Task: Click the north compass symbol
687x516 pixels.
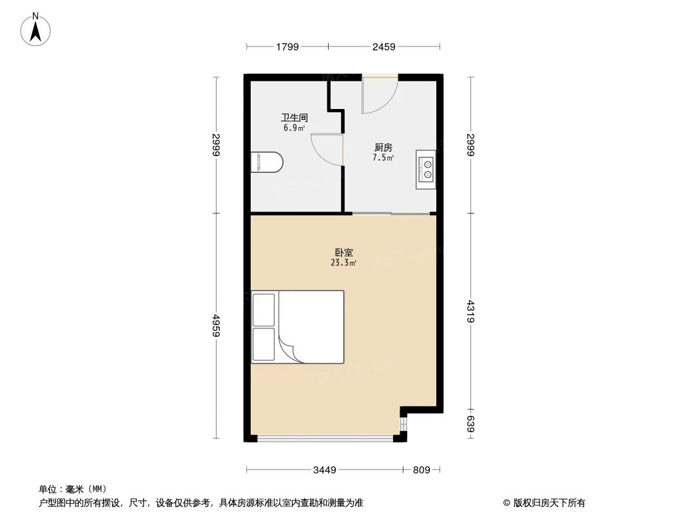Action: (x=37, y=30)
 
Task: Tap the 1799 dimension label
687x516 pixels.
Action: (x=287, y=46)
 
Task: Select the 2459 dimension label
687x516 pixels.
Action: (x=384, y=46)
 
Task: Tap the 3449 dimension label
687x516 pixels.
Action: (x=325, y=470)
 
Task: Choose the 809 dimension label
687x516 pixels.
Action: (x=421, y=470)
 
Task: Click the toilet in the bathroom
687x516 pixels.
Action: (x=267, y=163)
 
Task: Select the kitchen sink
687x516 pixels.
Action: (x=426, y=169)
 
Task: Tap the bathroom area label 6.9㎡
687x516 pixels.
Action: (x=293, y=128)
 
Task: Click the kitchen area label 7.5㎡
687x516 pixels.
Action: (x=383, y=157)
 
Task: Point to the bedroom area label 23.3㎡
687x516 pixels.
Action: (x=343, y=263)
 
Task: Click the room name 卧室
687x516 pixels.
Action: (x=343, y=253)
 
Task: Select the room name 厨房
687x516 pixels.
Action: (x=383, y=148)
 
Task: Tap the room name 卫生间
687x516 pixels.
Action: (x=294, y=118)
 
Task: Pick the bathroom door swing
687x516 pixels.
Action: (x=327, y=150)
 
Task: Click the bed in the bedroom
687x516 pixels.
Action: (x=297, y=326)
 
